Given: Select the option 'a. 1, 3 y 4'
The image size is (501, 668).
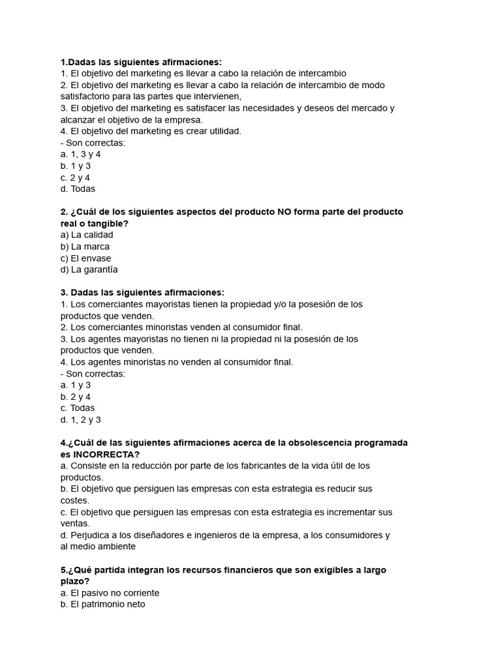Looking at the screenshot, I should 80,155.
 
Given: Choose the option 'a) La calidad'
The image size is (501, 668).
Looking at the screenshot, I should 86,235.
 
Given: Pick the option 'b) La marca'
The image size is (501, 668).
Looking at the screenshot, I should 85,247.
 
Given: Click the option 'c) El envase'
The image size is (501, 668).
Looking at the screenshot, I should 85,258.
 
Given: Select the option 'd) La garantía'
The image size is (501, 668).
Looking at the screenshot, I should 89,269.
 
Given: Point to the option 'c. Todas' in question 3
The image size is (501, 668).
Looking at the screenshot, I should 77,408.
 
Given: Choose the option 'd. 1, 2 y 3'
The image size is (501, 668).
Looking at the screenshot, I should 80,420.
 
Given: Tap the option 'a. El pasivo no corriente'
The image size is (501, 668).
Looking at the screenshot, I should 110,593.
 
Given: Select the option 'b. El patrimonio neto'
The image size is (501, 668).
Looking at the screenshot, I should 102,605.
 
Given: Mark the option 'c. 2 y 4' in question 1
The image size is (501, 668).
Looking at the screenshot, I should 75,177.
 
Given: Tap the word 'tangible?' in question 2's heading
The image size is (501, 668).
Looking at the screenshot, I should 108,224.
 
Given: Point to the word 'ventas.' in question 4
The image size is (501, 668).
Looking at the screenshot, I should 75,523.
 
